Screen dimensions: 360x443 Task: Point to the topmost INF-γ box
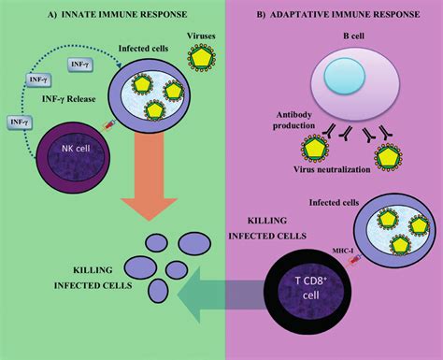(79, 64)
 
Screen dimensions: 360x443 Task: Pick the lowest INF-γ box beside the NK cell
(19, 121)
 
